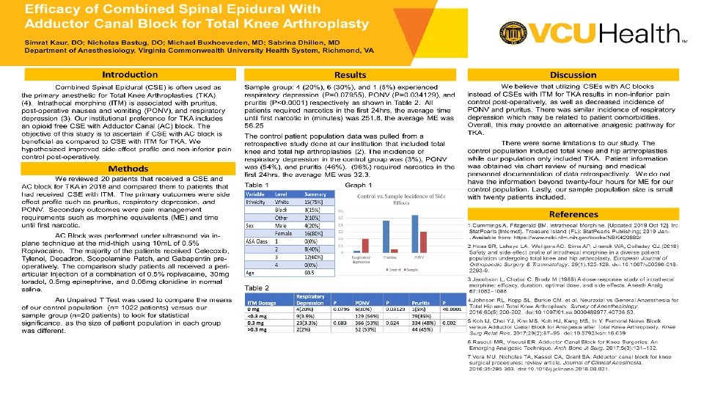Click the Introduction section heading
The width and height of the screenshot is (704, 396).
[129, 75]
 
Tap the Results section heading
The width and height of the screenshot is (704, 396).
[351, 75]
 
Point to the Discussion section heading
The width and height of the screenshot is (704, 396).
[573, 75]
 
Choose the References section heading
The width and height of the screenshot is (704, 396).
[573, 214]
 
